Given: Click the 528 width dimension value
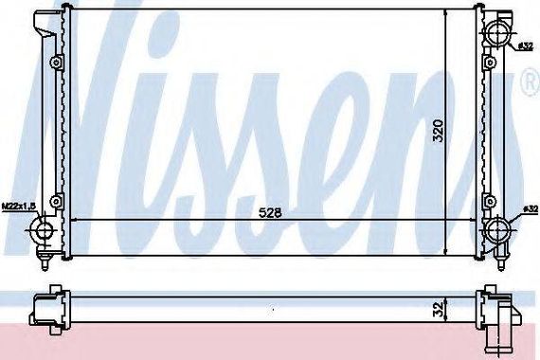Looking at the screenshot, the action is [270, 213].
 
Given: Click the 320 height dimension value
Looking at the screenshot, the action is [439, 131].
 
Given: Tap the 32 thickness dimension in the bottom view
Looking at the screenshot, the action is [438, 310].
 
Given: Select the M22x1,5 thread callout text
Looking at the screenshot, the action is [19, 207].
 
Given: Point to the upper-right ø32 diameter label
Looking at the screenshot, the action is [526, 46].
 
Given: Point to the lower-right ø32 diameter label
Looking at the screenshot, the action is [531, 209].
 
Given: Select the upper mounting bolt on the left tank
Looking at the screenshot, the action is [56, 63].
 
